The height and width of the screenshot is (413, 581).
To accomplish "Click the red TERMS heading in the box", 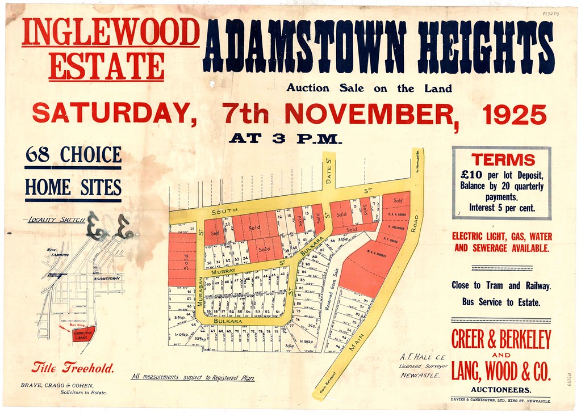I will tap(502, 159).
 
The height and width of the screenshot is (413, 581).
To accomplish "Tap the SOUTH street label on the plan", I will tap(224, 212).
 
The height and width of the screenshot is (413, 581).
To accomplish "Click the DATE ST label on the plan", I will tap(328, 170).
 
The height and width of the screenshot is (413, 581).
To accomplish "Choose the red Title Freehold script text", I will tap(73, 368).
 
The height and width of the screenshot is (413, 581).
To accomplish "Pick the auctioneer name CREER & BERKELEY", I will tap(501, 340).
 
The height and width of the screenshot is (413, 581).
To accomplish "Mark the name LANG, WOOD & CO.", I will tap(501, 372).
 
